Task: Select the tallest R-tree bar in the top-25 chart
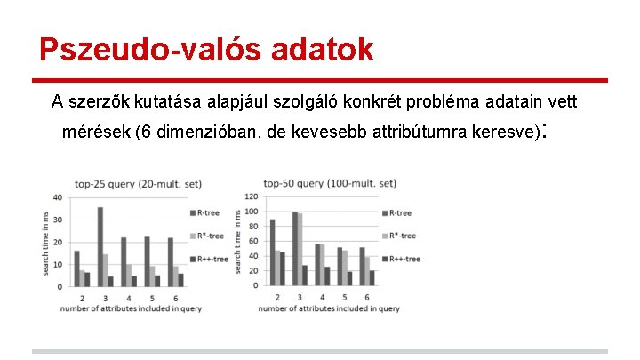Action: [x=100, y=247]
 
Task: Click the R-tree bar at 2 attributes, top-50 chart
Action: [x=272, y=252]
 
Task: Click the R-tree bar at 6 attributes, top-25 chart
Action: [x=170, y=262]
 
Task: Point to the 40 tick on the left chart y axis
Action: [x=58, y=197]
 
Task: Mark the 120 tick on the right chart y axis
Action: [x=251, y=196]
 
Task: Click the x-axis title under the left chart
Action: [x=132, y=308]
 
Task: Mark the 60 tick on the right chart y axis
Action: [x=253, y=242]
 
